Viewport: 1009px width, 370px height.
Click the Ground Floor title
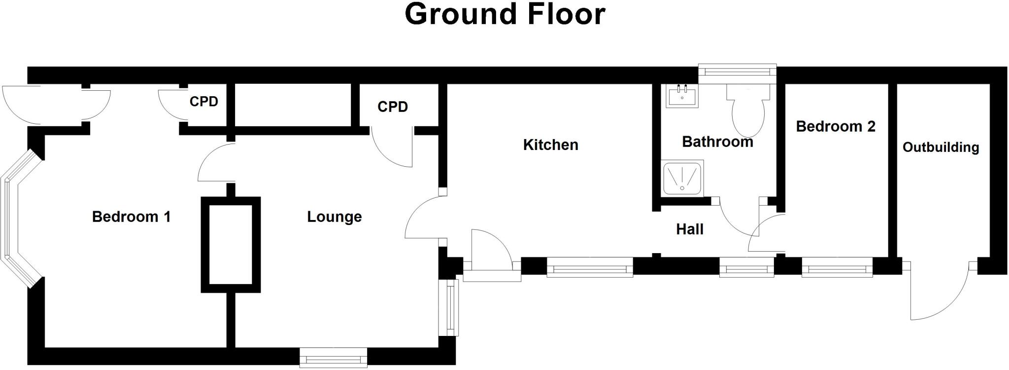[x=504, y=14]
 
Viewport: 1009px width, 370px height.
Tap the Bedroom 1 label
[x=131, y=217]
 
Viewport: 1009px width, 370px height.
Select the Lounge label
[x=334, y=217]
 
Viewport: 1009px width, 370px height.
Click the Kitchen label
[x=550, y=145]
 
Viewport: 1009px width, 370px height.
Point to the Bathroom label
[x=717, y=142]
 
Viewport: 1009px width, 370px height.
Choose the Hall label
[x=689, y=229]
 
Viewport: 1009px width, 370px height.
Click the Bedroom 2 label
[x=836, y=126]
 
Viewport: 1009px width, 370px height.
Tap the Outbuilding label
[x=941, y=147]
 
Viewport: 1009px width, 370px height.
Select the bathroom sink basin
[x=682, y=96]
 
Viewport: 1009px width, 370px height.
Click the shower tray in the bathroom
[x=682, y=178]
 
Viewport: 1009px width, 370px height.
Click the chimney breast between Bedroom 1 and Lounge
[x=231, y=245]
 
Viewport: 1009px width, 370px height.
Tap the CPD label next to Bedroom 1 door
[x=203, y=102]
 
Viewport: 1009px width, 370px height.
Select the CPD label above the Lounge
[x=393, y=107]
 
